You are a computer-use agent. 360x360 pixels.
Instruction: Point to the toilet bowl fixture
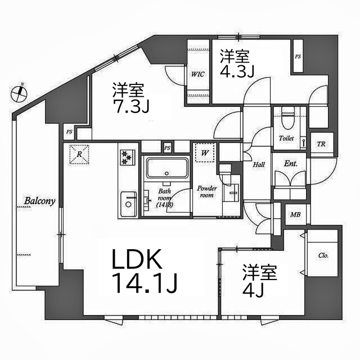[x=286, y=118]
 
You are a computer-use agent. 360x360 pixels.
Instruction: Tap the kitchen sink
[x=129, y=203]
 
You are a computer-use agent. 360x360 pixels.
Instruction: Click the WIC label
[x=197, y=74]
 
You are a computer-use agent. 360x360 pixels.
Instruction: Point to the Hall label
[x=259, y=164]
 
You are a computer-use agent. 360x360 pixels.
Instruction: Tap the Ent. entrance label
[x=290, y=164]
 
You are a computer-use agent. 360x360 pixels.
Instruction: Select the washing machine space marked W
[x=204, y=152]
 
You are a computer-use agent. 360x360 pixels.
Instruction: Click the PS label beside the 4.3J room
[x=298, y=57]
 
